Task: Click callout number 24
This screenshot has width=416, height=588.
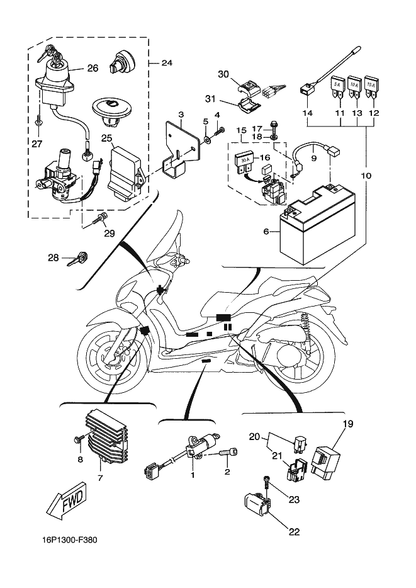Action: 167,63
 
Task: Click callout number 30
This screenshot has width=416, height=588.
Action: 223,74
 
